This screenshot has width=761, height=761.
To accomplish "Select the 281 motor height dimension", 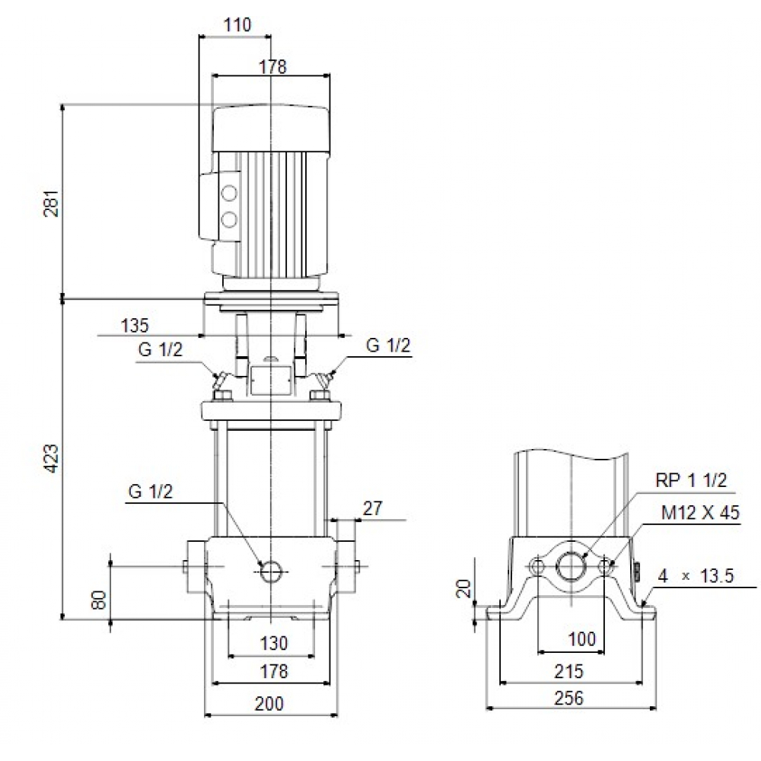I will [x=51, y=202].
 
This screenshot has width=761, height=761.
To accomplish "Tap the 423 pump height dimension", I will [x=51, y=458].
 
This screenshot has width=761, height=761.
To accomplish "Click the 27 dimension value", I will [x=373, y=508].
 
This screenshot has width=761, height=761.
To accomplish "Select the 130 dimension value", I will [x=273, y=644].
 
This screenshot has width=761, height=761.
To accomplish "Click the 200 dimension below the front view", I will [x=269, y=704].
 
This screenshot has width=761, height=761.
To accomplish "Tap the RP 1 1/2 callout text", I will [x=691, y=480].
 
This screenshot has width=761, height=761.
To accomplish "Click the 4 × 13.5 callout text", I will [x=695, y=576].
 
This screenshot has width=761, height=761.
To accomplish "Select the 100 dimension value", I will [x=582, y=639].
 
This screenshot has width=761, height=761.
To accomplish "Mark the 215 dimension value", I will [x=568, y=671].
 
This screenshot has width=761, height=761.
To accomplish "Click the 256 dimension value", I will [x=568, y=698].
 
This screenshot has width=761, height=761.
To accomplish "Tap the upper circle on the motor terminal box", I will [x=228, y=193].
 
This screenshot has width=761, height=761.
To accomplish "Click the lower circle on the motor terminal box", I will [x=228, y=220].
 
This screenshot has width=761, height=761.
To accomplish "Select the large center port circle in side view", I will [x=570, y=566].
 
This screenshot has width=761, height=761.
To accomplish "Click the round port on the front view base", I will [x=271, y=572].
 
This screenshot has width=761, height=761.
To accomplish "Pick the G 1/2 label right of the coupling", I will [x=388, y=345].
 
